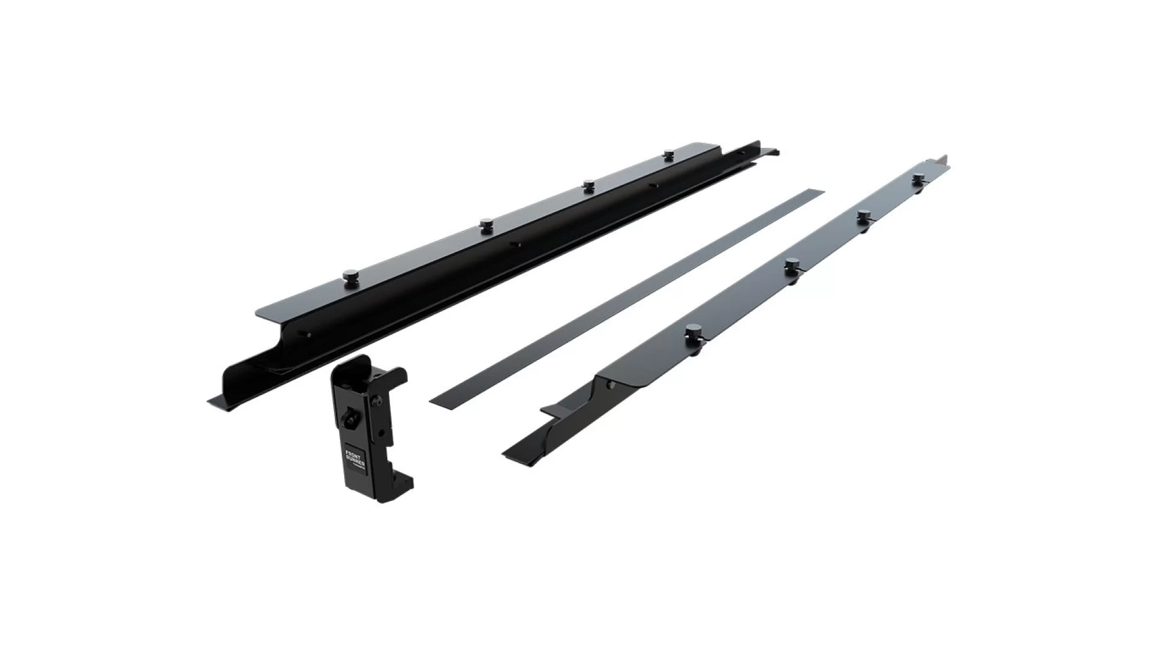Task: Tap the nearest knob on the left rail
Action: tap(349, 276)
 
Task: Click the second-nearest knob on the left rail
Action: tap(486, 225)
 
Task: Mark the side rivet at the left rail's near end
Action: tap(309, 335)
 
